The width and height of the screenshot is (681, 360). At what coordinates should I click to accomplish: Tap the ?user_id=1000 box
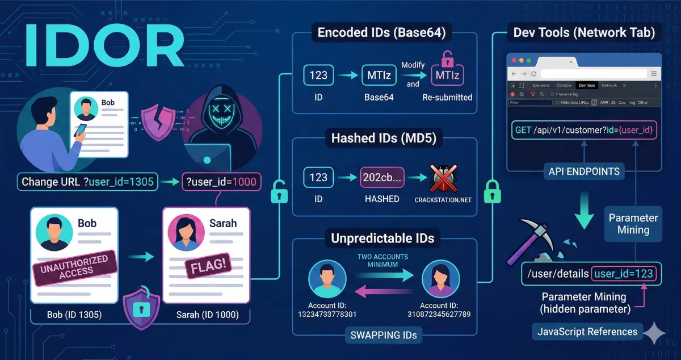(x=221, y=182)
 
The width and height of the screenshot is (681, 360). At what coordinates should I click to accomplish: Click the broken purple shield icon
(x=157, y=121)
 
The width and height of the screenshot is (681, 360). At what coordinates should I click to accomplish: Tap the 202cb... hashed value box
(x=381, y=177)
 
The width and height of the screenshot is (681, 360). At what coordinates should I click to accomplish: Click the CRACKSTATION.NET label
(x=443, y=200)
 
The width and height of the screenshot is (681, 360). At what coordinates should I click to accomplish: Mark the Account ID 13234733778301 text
(x=326, y=309)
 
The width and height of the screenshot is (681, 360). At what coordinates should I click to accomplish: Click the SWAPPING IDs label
(x=383, y=335)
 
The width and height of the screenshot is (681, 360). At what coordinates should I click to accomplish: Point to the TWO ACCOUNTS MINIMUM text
(x=383, y=261)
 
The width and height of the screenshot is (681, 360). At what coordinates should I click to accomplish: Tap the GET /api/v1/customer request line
(x=585, y=130)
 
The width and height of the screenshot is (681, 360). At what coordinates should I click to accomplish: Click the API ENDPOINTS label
(x=584, y=171)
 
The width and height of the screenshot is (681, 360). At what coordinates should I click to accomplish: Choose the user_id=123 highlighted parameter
(x=624, y=274)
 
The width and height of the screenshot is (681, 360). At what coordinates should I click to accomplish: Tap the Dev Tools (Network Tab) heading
(x=584, y=32)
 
